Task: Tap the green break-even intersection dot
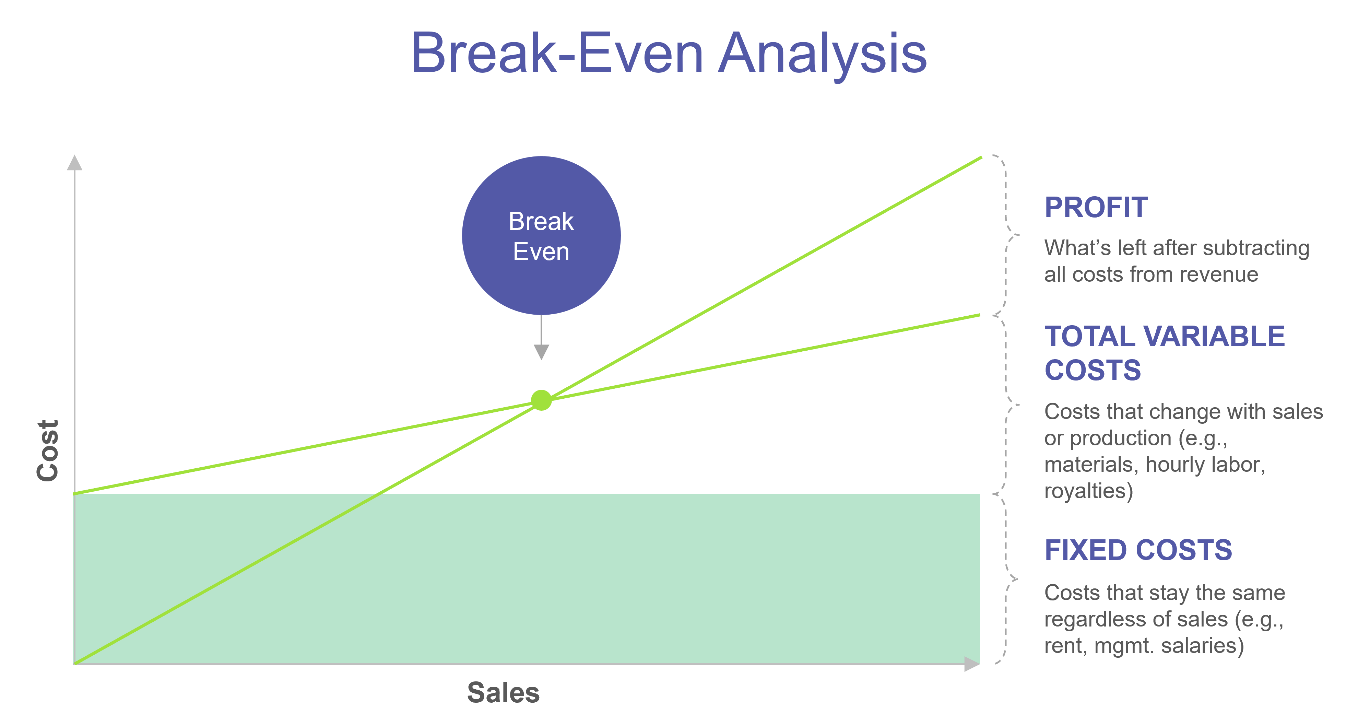[x=541, y=400]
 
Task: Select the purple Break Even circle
[x=541, y=235]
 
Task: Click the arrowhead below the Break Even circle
[x=541, y=352]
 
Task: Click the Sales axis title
[x=504, y=692]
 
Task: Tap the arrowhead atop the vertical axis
[x=74, y=163]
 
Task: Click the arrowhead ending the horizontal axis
[x=971, y=664]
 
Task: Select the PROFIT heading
[x=1096, y=207]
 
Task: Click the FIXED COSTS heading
[x=1138, y=550]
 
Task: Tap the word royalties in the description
[x=1088, y=491]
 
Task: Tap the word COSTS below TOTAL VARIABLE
[x=1093, y=370]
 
